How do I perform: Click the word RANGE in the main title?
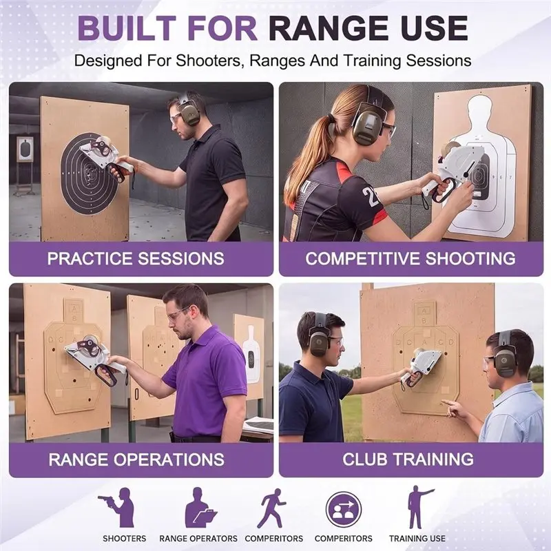[x=331, y=28]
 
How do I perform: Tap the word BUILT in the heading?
[x=127, y=28]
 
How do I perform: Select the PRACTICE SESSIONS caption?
[x=136, y=258]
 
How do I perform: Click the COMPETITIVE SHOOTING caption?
[x=410, y=258]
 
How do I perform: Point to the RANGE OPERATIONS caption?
[x=136, y=459]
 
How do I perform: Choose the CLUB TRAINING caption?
[x=408, y=459]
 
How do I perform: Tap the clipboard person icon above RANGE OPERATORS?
[x=200, y=508]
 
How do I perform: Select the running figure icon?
[x=271, y=508]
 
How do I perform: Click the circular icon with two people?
[x=343, y=509]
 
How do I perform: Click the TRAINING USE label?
[x=417, y=539]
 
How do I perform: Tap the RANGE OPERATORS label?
[x=198, y=539]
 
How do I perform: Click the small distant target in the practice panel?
[x=25, y=149]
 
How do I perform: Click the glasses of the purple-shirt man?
[x=178, y=314]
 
